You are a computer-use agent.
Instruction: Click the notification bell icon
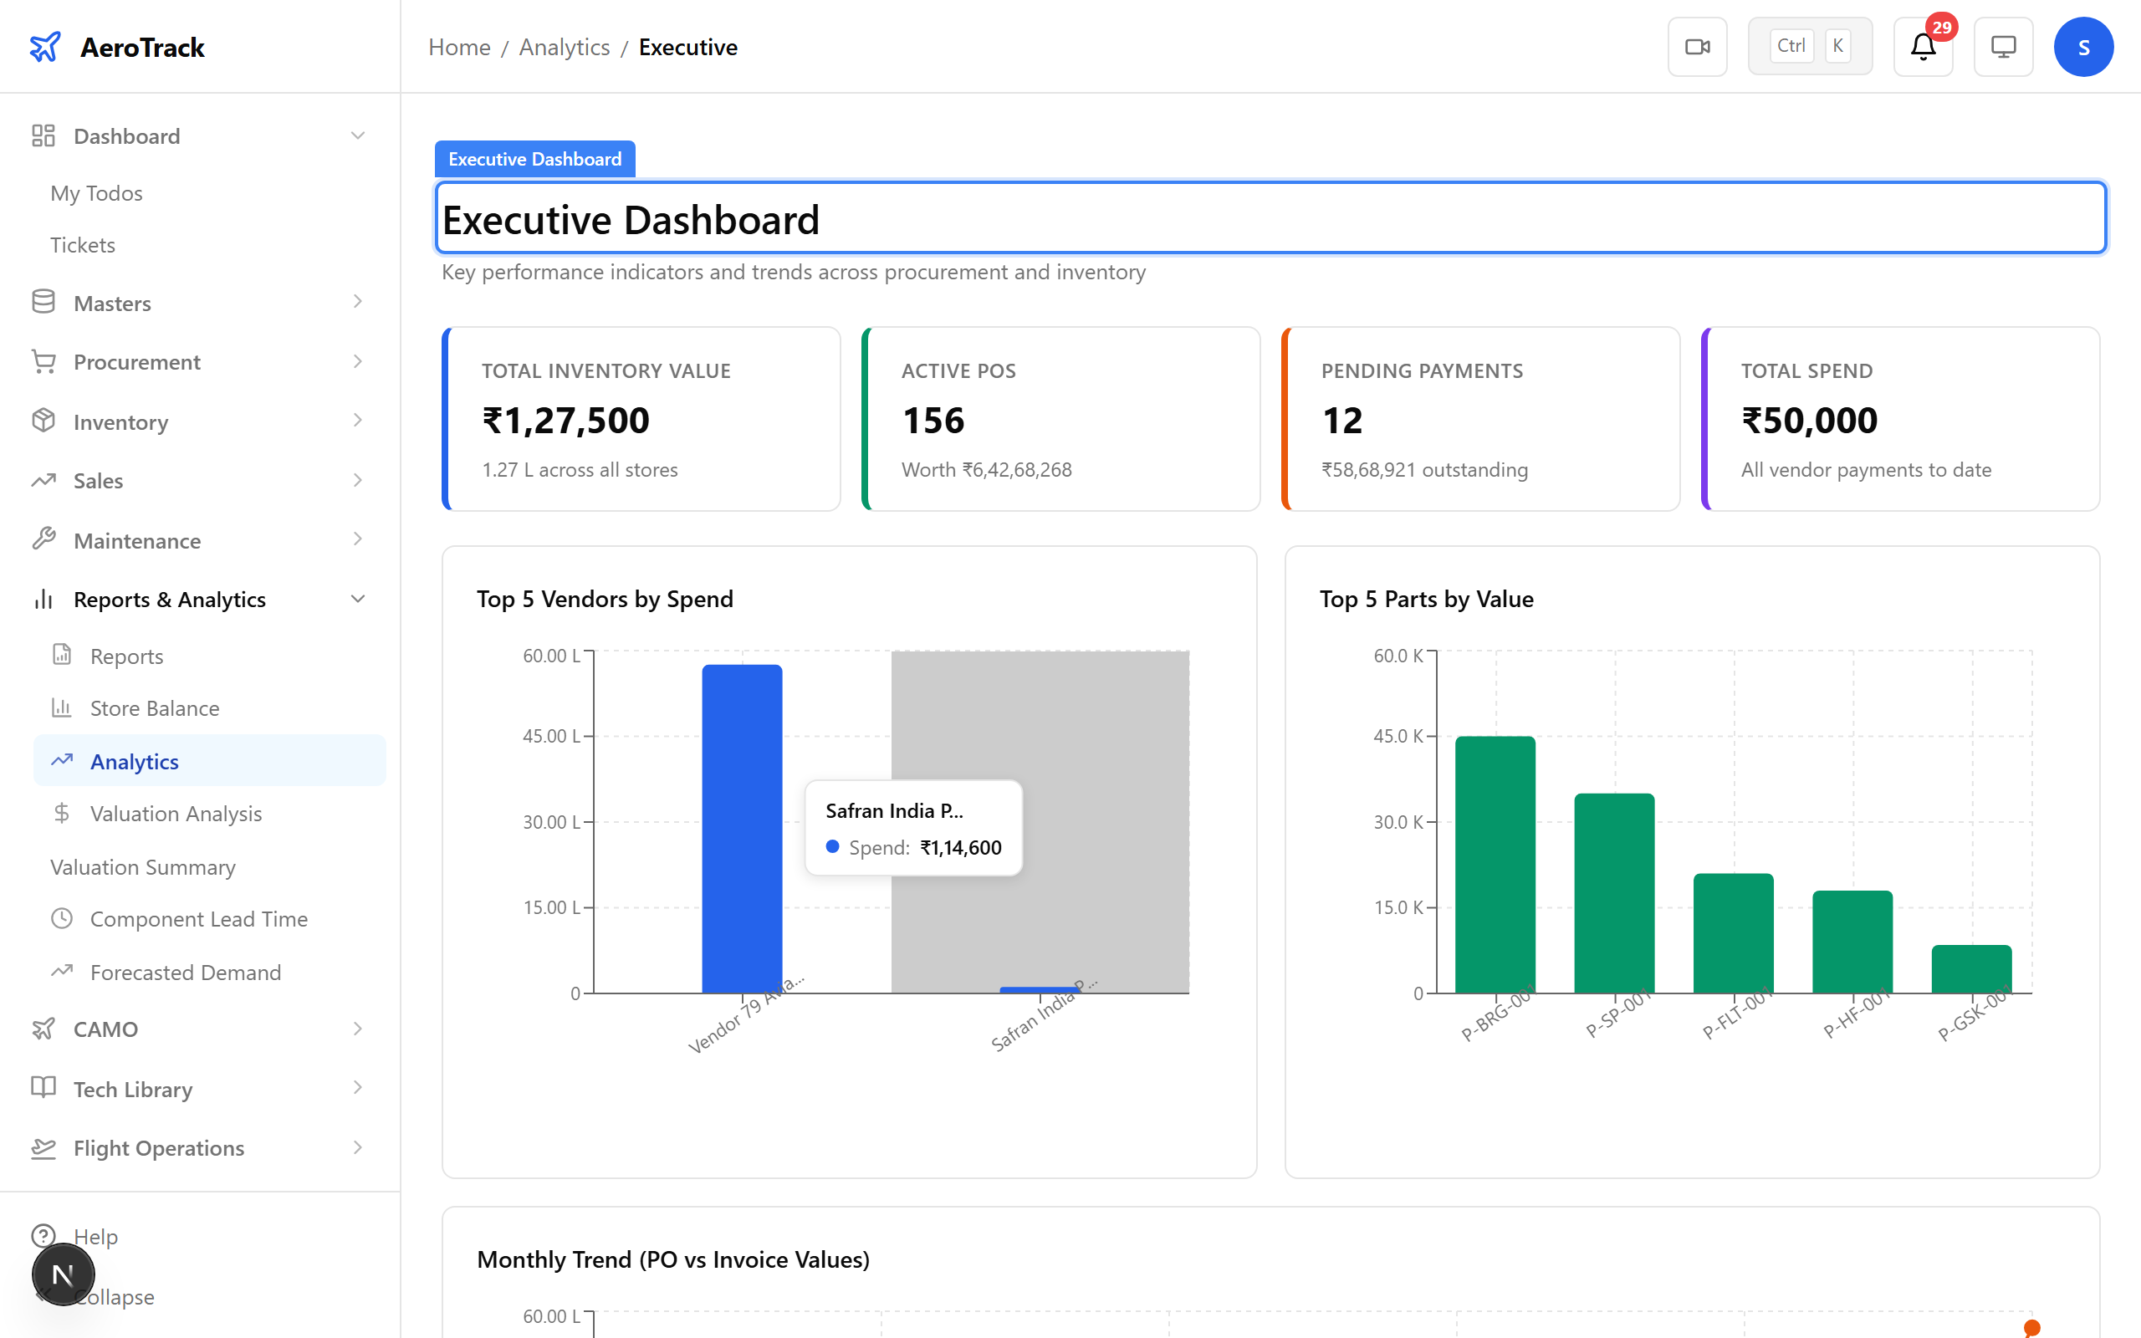[1922, 47]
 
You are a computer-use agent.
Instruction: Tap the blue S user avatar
[2082, 47]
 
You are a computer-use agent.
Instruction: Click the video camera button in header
[1696, 47]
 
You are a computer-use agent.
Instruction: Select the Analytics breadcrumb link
[564, 47]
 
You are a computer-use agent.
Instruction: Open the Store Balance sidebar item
[154, 708]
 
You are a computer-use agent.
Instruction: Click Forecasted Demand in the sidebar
[185, 972]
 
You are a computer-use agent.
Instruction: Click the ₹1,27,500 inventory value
[565, 421]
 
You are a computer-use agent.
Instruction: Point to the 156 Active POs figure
[933, 421]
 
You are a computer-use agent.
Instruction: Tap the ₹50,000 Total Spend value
[1808, 421]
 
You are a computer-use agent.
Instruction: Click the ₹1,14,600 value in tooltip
[960, 848]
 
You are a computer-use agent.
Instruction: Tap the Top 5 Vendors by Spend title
[605, 599]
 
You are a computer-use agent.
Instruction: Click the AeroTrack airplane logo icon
[45, 47]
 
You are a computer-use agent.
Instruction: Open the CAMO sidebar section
[105, 1029]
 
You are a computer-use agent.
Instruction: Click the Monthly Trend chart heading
[672, 1259]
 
